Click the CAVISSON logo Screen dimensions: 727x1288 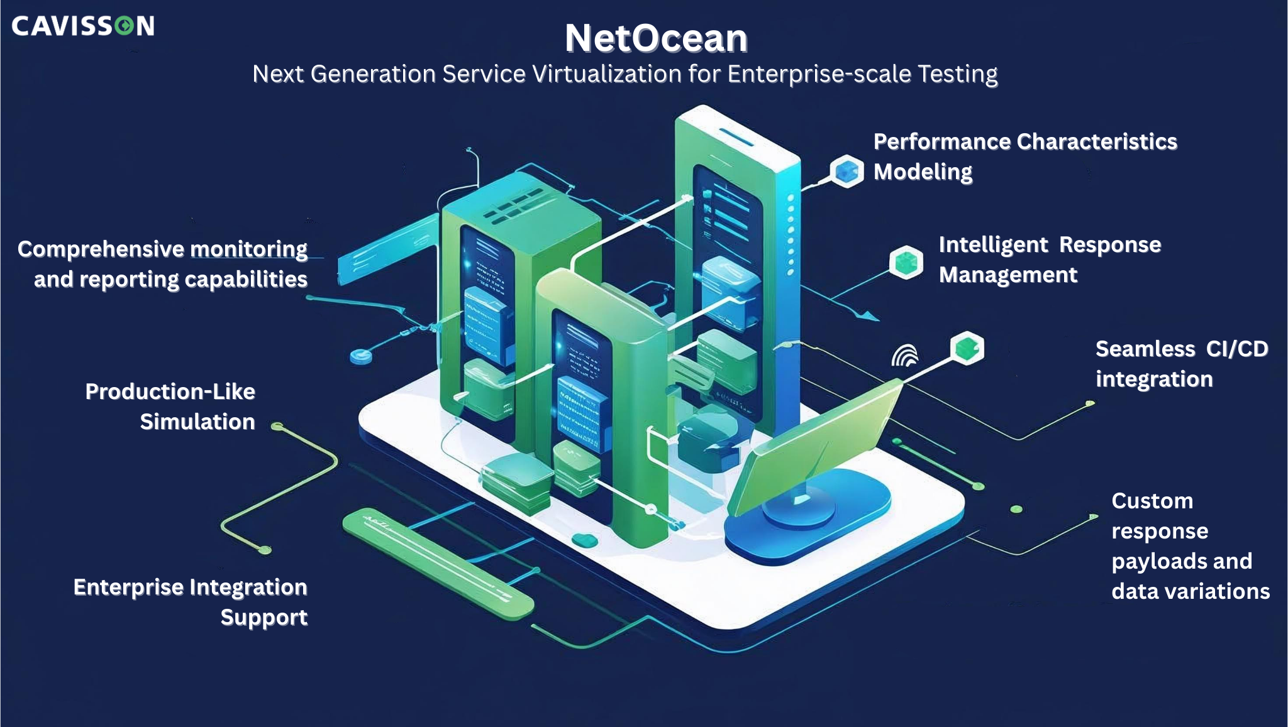(x=82, y=26)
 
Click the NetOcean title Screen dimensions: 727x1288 (x=656, y=38)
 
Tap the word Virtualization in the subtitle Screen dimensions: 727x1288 (x=607, y=74)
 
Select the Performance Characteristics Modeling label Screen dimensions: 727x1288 (x=1024, y=156)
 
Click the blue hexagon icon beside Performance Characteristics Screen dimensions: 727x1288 (x=847, y=171)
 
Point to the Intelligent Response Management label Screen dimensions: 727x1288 (x=1049, y=260)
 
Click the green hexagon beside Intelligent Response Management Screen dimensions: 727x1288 (x=906, y=262)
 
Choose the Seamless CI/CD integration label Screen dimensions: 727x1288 (x=1181, y=364)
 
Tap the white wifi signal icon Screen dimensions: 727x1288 (x=904, y=356)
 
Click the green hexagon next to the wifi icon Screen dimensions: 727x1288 (x=967, y=347)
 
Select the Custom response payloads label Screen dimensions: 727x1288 (x=1190, y=545)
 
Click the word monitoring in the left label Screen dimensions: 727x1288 (x=248, y=249)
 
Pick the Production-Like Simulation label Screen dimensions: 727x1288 (x=170, y=407)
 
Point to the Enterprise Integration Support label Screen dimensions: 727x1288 (x=191, y=602)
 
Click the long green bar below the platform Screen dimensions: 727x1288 (x=438, y=563)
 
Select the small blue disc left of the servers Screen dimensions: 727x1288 (x=360, y=356)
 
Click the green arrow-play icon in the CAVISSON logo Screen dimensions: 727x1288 (x=124, y=26)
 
